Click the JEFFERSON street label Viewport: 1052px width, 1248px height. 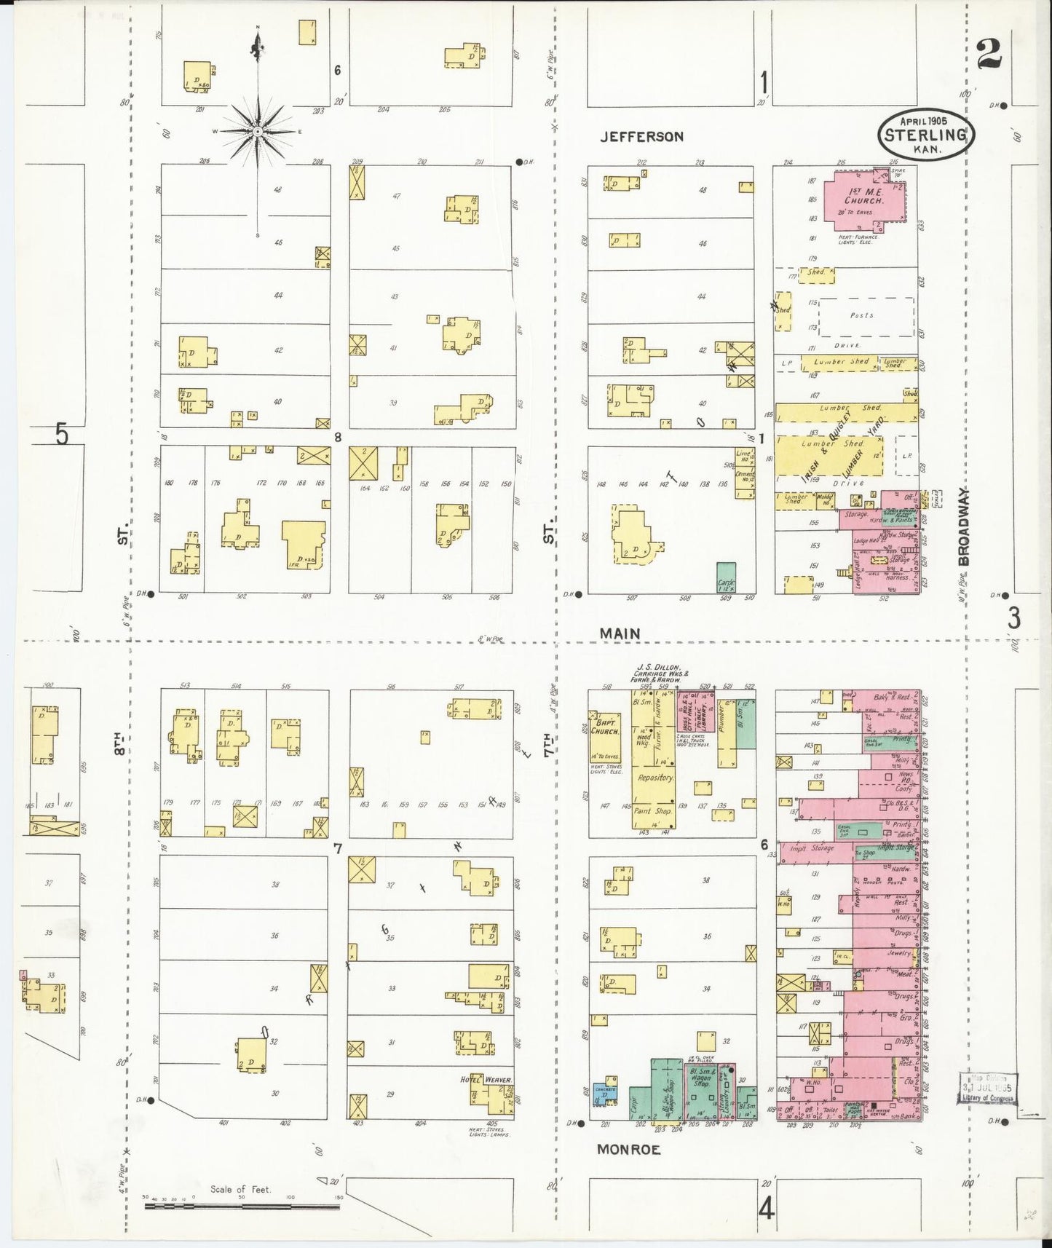click(641, 137)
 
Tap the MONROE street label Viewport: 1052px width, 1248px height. click(628, 1149)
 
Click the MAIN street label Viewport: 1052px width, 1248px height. click(620, 634)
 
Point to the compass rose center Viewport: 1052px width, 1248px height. click(257, 132)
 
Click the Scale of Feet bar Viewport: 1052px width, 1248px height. click(242, 1206)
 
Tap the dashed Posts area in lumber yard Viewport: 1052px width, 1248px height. click(865, 317)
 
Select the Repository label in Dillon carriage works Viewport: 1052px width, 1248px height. click(654, 778)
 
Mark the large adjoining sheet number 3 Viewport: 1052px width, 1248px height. click(1014, 619)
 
